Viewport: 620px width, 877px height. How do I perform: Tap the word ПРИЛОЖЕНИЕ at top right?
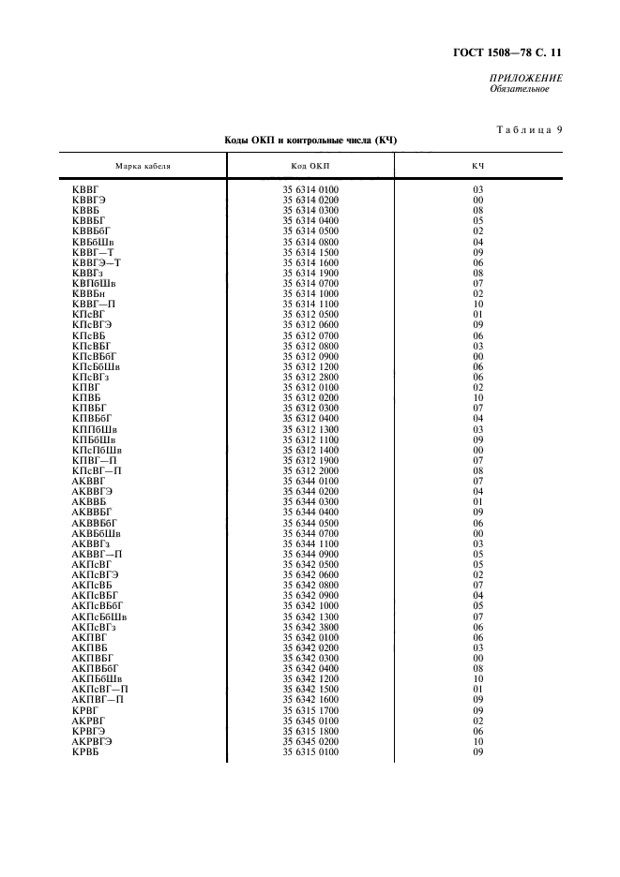click(525, 79)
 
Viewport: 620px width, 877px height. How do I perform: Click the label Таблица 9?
click(525, 130)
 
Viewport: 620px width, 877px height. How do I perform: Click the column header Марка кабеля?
click(143, 166)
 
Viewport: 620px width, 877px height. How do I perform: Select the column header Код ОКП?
click(310, 166)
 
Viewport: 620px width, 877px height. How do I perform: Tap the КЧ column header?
click(477, 166)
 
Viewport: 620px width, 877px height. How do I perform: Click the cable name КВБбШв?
click(93, 241)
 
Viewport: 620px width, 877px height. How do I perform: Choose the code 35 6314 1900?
click(310, 273)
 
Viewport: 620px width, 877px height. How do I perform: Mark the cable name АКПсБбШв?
click(99, 617)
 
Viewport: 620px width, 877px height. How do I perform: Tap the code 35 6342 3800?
click(310, 628)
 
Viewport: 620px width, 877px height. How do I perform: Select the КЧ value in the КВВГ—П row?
click(477, 304)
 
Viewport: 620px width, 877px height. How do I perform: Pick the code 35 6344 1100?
click(310, 544)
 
